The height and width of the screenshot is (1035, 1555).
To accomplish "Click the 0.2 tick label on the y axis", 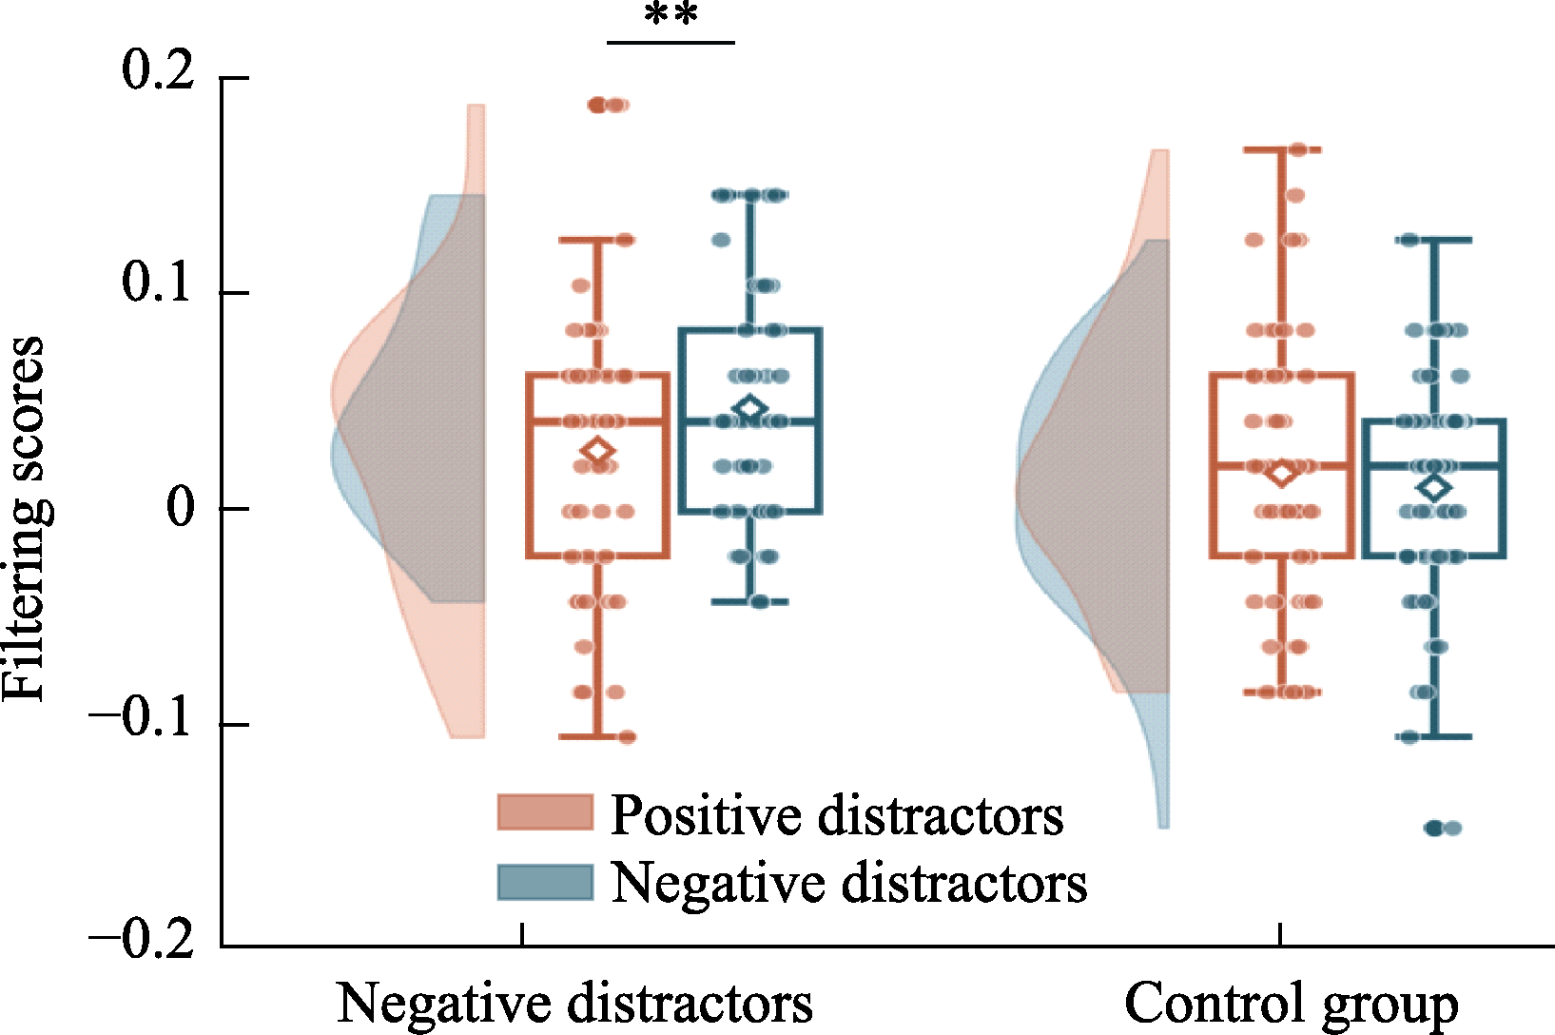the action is pos(158,71).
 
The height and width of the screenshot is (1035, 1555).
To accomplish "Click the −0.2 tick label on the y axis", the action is pos(140,941).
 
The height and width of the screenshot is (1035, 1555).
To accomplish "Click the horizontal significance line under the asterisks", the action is pos(671,43).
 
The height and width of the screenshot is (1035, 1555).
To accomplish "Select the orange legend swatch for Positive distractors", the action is pos(546,812).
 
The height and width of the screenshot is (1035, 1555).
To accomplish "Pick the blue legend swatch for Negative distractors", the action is pos(546,882).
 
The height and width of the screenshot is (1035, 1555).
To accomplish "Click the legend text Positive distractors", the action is pos(837,814).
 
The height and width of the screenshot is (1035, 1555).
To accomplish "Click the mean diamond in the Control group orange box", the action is pos(1281,474).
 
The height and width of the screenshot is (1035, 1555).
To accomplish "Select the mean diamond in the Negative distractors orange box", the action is pos(598,451).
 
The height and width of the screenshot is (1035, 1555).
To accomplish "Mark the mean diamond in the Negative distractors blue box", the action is pos(750,408).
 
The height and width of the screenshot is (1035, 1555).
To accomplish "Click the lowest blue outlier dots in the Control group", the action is pos(1443,828).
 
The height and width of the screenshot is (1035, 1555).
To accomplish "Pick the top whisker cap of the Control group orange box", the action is pos(1281,149).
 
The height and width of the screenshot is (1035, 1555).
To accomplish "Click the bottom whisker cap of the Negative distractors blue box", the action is pos(750,602).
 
